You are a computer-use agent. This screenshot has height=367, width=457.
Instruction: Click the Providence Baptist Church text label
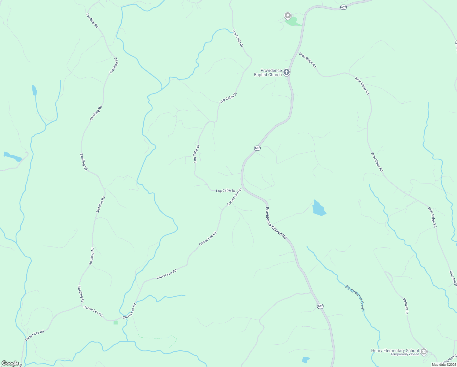click(x=268, y=72)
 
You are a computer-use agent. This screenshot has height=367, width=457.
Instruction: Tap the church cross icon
click(x=286, y=72)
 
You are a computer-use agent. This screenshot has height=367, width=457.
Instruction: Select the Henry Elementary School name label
click(x=395, y=350)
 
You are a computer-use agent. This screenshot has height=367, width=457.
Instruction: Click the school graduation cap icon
click(x=423, y=351)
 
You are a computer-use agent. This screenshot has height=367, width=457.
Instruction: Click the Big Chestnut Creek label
click(x=355, y=298)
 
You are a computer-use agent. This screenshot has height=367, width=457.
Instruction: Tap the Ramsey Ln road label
click(x=406, y=306)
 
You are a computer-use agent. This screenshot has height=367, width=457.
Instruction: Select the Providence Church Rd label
click(x=276, y=223)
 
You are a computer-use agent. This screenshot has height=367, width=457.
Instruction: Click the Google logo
click(x=10, y=363)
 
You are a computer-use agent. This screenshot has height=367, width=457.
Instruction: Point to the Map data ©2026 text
click(x=444, y=365)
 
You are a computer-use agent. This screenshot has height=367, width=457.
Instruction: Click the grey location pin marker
click(x=287, y=15)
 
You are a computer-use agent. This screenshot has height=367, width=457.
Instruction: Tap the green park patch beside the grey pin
click(x=292, y=22)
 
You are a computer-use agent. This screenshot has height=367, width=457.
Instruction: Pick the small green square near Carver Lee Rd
click(x=115, y=322)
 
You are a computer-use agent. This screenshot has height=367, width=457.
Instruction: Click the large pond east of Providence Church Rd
click(x=319, y=208)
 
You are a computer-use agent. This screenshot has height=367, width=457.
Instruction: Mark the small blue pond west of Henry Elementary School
click(x=305, y=360)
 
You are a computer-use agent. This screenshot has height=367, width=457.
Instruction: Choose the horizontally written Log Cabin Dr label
click(x=225, y=191)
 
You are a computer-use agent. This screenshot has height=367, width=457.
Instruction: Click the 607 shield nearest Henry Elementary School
click(x=320, y=306)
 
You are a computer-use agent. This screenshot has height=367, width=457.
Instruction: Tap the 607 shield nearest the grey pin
click(x=344, y=7)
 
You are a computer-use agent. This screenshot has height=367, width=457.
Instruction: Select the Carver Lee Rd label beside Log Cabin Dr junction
click(x=234, y=197)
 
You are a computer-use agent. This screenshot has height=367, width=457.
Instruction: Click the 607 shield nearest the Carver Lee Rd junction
click(x=257, y=148)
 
